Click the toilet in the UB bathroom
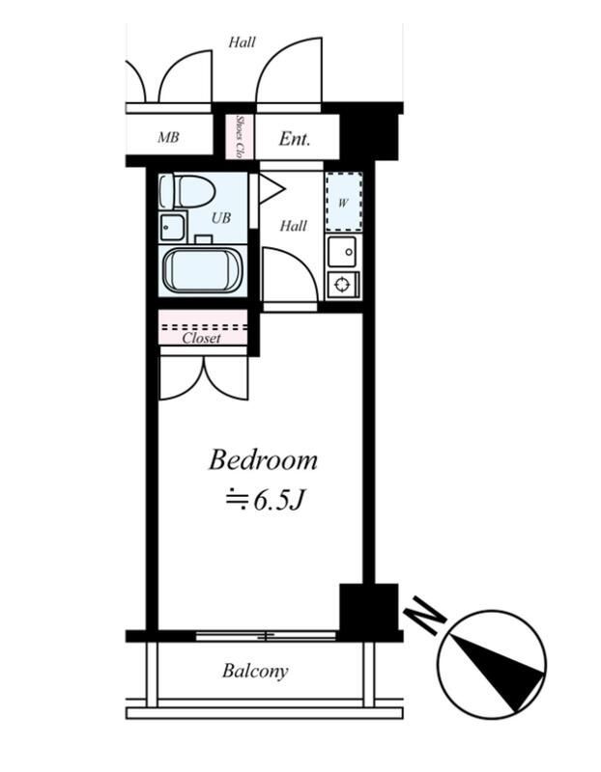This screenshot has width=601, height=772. coord(187,191)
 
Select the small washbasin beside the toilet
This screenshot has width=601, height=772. coord(172,227)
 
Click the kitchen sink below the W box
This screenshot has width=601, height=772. coord(342,252)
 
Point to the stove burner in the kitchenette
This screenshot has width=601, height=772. coord(343,285)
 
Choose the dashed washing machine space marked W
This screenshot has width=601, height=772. coord(344,202)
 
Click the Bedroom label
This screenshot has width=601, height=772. coord(263,460)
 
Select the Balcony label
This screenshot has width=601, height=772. coord(255,671)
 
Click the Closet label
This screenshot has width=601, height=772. coord(202,339)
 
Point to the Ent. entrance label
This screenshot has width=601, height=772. coord(295,139)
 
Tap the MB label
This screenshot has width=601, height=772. coord(168,137)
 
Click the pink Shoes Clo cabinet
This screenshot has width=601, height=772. coord(240,136)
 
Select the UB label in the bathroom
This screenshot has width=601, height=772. coord(221,218)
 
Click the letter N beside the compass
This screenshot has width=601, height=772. coord(425,614)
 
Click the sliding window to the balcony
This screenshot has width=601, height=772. coord(266,636)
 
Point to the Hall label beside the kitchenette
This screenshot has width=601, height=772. coord(294,226)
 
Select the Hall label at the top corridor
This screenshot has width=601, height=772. coord(242,42)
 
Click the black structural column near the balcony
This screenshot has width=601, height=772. coord(369,611)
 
